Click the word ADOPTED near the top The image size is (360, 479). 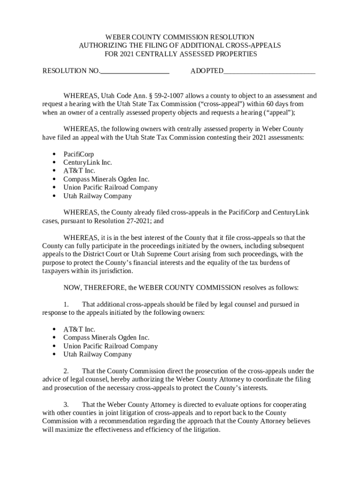(x=207, y=71)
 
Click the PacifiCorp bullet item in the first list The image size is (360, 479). (x=79, y=154)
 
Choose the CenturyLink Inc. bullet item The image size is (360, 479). (x=87, y=162)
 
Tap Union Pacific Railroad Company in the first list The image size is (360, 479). (x=110, y=188)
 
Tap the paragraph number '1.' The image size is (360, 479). (x=66, y=305)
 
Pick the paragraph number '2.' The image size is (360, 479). (x=66, y=371)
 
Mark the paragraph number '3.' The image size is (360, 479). (x=66, y=405)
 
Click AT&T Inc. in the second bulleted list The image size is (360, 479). (x=79, y=329)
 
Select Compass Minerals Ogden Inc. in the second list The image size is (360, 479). (x=106, y=338)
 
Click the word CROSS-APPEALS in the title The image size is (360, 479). (x=254, y=46)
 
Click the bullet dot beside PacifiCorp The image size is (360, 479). (x=54, y=154)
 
